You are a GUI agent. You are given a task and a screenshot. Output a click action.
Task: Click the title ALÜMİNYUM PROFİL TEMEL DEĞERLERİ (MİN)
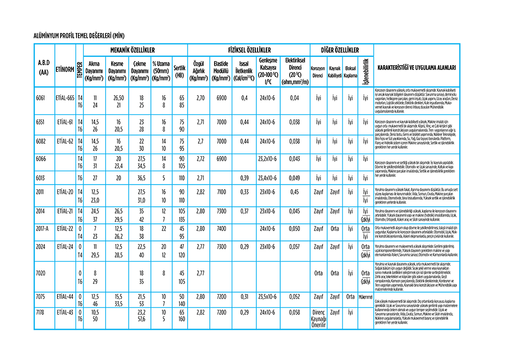tap(79, 36)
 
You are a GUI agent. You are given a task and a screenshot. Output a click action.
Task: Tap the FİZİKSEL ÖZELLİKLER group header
tap(249, 50)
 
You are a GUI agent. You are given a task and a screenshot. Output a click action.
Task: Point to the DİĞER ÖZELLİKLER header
tap(340, 50)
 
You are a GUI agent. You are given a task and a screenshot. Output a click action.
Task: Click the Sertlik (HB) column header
tap(179, 71)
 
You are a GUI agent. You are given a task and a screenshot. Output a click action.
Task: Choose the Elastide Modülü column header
tap(221, 71)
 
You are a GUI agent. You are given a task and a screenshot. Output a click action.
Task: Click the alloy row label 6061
tap(41, 98)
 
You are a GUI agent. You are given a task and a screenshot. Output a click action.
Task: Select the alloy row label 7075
tap(41, 297)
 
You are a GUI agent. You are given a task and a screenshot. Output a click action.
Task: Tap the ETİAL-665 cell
tap(65, 98)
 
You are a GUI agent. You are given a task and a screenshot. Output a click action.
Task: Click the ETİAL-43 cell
tap(65, 313)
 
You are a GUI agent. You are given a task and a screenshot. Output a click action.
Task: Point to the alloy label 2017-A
tap(43, 228)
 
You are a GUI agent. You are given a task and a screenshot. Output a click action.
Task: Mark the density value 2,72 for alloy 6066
tap(198, 159)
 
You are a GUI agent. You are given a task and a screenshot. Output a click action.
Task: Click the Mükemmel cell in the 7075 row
tap(365, 297)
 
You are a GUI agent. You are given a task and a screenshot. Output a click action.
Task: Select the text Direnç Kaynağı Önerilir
tap(318, 319)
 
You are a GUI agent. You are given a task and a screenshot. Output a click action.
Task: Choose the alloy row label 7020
tap(41, 272)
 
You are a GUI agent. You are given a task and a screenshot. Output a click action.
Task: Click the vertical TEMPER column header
tap(79, 68)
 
